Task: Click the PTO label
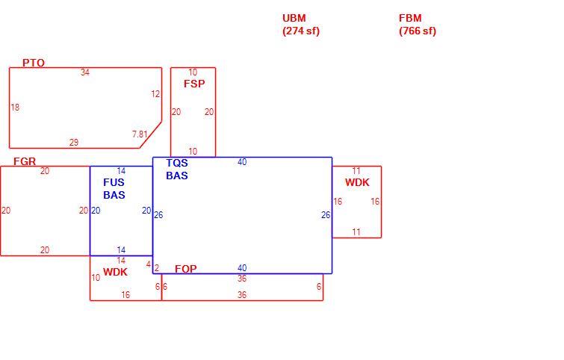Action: click(34, 63)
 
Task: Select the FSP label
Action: click(194, 84)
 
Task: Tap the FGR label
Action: click(25, 161)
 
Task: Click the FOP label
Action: click(185, 269)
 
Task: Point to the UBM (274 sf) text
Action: click(301, 25)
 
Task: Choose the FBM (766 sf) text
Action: click(418, 25)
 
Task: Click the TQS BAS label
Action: click(177, 169)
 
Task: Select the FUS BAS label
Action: click(114, 188)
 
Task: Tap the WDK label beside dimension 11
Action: click(357, 182)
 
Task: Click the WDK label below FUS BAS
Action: click(115, 272)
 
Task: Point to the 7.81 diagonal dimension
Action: click(140, 134)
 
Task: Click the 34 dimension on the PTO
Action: click(85, 72)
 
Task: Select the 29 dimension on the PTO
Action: click(74, 143)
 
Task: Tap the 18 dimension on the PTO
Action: click(15, 107)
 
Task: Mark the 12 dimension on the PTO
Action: click(155, 94)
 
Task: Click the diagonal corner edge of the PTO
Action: click(151, 134)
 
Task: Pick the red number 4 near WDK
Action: click(149, 264)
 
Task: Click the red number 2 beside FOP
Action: click(157, 268)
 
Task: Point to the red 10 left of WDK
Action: click(96, 278)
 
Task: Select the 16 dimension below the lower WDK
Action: click(125, 295)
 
